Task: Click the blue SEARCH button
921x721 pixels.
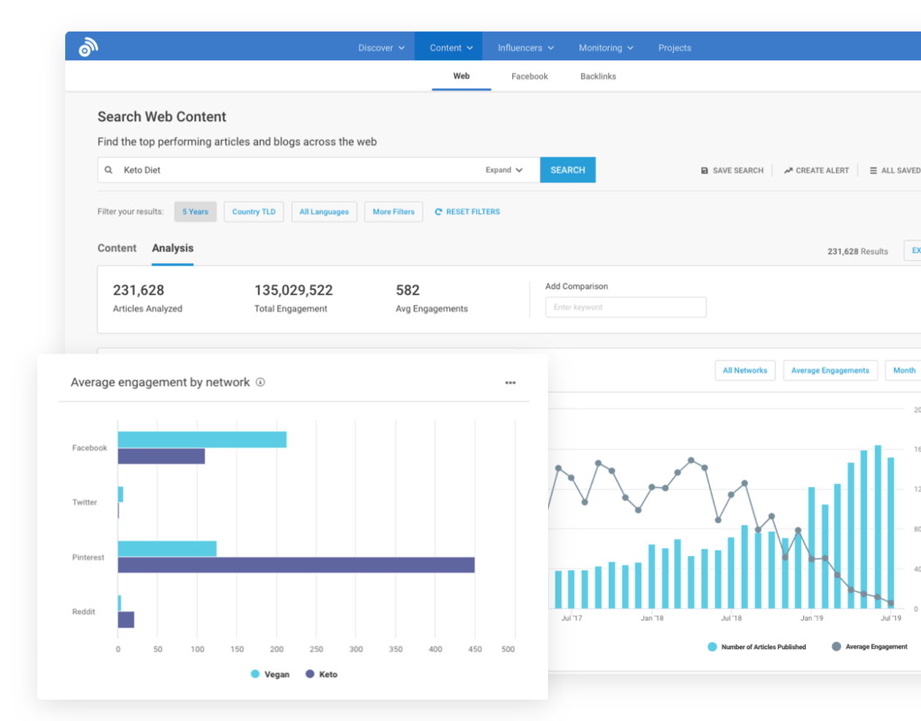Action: point(567,170)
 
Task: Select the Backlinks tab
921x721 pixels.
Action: point(598,76)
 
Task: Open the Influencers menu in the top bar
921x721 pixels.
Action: point(525,48)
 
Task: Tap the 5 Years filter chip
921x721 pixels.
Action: point(195,212)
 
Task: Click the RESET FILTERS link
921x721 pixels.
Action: point(467,212)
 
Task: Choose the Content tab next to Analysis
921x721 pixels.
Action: point(116,248)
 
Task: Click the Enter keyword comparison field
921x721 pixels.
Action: point(625,307)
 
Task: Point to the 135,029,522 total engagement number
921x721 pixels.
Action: point(293,290)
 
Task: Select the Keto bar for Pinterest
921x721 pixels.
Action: point(296,565)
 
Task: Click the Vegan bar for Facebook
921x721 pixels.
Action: point(201,440)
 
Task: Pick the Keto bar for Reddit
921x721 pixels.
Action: point(126,620)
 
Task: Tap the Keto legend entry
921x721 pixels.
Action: point(322,674)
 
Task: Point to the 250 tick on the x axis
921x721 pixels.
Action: point(316,649)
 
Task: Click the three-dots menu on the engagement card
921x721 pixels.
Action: point(510,382)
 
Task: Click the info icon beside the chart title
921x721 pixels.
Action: point(260,382)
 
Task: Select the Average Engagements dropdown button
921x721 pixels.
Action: point(829,371)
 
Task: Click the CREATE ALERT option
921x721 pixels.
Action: point(816,171)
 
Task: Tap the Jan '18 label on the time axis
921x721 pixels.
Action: point(651,618)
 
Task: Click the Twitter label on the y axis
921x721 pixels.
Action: point(84,503)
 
